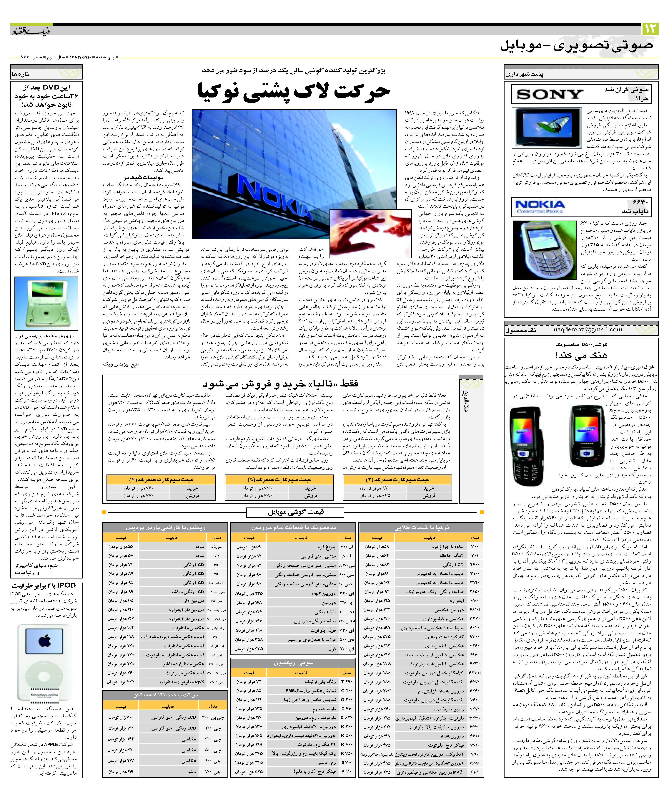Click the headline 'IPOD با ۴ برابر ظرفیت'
click(x=44, y=585)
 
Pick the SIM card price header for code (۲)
click(x=397, y=479)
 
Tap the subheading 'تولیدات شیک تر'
click(x=143, y=177)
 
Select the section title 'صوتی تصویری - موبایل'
click(x=576, y=46)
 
